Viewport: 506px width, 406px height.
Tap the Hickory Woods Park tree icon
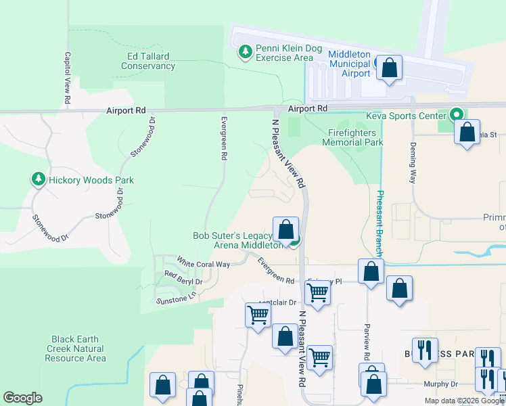[38, 179]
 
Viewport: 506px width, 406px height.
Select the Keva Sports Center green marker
[456, 115]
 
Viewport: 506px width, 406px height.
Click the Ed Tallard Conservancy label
[148, 62]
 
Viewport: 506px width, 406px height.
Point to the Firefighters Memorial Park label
[352, 137]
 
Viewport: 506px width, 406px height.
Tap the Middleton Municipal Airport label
[348, 64]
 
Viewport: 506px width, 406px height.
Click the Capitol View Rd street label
[68, 78]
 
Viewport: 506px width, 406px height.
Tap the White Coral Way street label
[204, 262]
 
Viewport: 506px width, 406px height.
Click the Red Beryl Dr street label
[183, 277]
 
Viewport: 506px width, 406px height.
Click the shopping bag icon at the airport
[389, 68]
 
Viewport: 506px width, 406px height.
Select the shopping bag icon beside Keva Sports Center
[467, 133]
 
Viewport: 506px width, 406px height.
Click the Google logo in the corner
[22, 398]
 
